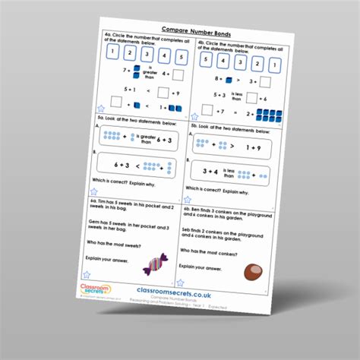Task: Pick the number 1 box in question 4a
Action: point(112,52)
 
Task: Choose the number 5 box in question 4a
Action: point(182,57)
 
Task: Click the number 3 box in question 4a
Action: point(147,54)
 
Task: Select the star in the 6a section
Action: point(101,265)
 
